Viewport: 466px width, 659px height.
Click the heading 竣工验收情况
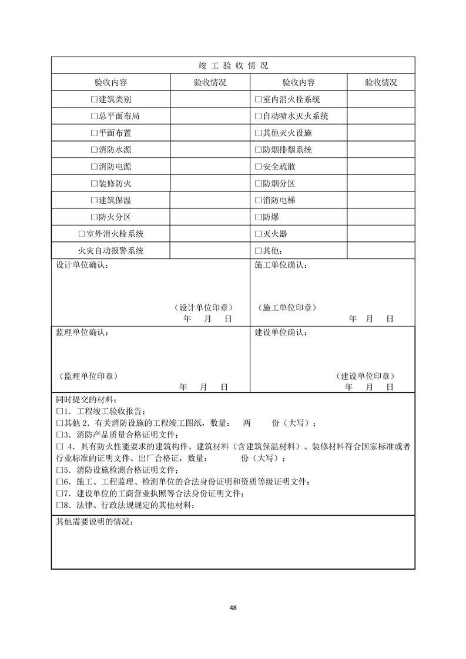(233, 65)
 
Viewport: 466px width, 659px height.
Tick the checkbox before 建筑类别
(94, 99)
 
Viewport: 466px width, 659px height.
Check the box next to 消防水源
(94, 150)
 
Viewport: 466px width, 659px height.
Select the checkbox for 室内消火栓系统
(258, 99)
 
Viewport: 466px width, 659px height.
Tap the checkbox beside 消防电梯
(258, 200)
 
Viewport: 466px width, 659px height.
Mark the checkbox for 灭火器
(258, 234)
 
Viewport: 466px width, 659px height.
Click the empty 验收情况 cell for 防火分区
(210, 217)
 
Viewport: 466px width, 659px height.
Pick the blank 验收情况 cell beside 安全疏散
(380, 167)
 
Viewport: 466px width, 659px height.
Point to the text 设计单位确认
(82, 265)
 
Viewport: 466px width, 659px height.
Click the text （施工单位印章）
(286, 307)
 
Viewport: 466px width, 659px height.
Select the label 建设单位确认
(280, 332)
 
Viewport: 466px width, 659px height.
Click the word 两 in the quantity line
(247, 423)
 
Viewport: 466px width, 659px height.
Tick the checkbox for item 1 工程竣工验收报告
(59, 411)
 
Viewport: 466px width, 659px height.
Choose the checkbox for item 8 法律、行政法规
(59, 505)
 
